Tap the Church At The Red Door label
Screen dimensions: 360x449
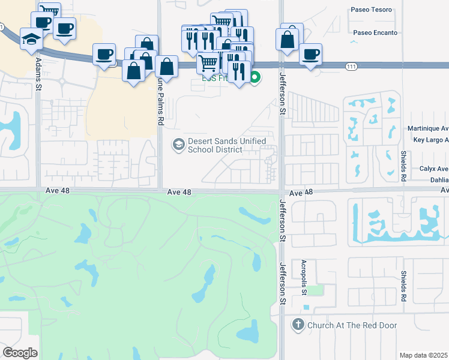(352, 325)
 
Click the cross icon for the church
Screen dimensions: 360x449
(298, 325)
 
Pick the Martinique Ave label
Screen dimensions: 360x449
(428, 128)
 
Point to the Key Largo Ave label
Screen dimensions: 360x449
(431, 140)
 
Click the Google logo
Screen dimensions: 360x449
(20, 353)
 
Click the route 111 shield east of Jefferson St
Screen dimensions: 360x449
(351, 67)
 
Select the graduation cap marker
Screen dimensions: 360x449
(31, 38)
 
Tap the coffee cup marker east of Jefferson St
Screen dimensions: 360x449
(310, 54)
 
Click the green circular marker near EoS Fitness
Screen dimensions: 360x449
(255, 77)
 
